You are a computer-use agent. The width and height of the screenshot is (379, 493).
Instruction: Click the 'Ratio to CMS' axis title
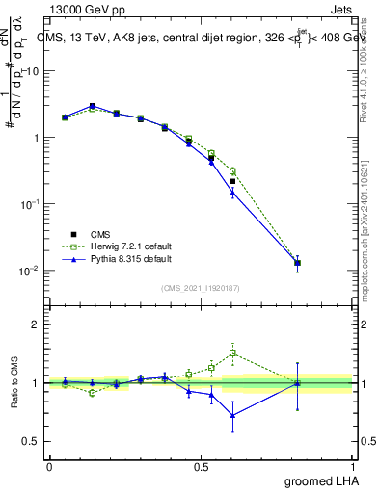click(x=14, y=382)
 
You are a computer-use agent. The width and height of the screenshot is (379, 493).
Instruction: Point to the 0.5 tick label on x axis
click(x=202, y=466)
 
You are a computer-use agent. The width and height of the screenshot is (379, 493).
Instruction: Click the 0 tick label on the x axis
click(x=49, y=466)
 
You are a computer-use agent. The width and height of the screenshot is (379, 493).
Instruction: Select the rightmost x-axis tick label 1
click(x=354, y=466)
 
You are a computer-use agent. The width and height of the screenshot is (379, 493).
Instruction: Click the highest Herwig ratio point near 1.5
click(x=232, y=353)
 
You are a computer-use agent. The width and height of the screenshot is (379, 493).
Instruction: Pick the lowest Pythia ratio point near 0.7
click(x=232, y=416)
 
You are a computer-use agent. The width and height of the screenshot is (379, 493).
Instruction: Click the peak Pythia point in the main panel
click(x=93, y=106)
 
